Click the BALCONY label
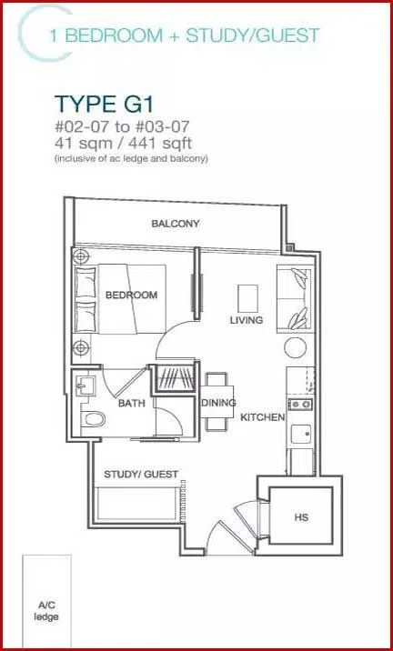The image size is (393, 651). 176,224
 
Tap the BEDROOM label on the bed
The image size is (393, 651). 131,295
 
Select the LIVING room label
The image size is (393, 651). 247,320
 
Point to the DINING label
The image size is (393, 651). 218,403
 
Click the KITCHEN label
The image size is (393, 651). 263,417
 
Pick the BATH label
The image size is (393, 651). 132,403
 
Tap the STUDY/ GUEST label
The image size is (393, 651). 141,474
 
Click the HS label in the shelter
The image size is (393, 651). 301,517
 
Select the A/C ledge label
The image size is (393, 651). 46,611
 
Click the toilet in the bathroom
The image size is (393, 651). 93,418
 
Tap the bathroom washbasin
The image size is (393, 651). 85,386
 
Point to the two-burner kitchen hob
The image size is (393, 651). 300,404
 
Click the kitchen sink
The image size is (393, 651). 301,435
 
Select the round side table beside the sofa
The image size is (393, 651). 296,347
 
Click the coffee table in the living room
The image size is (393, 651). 247,298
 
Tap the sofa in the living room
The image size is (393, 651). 294,299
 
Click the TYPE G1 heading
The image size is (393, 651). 105,104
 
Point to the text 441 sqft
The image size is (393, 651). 161,144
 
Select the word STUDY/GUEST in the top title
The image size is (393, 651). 253,35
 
